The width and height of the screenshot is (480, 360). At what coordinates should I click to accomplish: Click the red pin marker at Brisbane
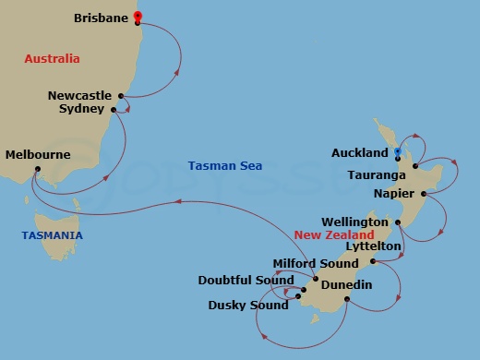click(138, 16)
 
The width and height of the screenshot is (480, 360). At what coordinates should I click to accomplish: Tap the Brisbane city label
click(102, 18)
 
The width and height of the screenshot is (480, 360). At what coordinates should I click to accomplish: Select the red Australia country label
click(53, 59)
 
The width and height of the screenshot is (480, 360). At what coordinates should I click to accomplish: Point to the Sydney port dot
click(114, 110)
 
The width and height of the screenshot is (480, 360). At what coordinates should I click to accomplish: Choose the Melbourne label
click(37, 155)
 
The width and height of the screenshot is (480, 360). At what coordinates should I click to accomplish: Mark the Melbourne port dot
click(38, 169)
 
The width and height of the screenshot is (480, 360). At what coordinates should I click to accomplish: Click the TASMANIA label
click(52, 235)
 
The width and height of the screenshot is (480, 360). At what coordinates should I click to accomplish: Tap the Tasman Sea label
click(224, 166)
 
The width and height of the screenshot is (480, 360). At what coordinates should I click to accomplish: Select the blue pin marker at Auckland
click(397, 151)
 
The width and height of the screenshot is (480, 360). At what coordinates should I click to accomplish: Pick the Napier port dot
click(423, 194)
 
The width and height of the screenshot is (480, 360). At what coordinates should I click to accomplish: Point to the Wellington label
click(354, 222)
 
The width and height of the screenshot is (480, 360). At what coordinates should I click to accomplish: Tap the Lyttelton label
click(372, 246)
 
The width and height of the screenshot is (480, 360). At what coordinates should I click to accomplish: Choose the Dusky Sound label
click(249, 304)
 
